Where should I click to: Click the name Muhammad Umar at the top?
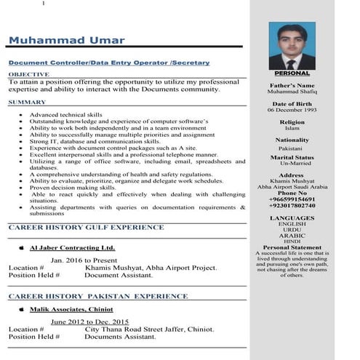[x=66, y=41]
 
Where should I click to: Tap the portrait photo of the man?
[x=292, y=45]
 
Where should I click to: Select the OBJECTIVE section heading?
[x=29, y=74]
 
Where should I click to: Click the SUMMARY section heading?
[x=27, y=103]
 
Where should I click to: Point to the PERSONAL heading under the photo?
[x=292, y=73]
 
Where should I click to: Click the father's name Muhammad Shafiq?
[x=292, y=93]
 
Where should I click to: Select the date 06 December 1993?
[x=292, y=111]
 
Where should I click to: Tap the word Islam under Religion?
[x=292, y=129]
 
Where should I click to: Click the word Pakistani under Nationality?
[x=292, y=148]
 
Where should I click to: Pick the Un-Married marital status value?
[x=292, y=164]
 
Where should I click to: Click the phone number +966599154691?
[x=292, y=199]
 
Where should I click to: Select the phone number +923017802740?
[x=292, y=206]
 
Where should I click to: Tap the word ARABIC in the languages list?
[x=292, y=236]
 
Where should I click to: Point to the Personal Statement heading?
[x=292, y=247]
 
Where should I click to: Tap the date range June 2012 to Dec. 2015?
[x=89, y=321]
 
